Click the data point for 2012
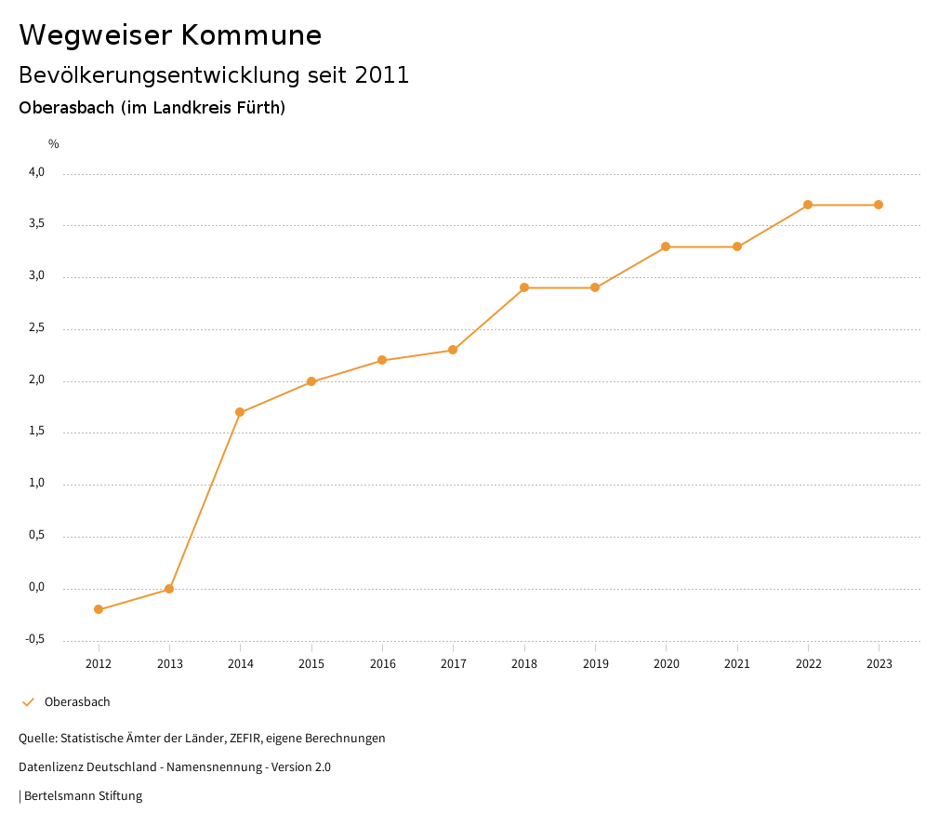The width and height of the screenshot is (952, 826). coord(99,609)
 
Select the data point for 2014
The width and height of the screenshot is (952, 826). coord(240,412)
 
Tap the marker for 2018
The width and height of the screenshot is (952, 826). coord(524,287)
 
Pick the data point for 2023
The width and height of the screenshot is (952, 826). coord(879,205)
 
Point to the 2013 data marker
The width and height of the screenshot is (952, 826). coord(169,589)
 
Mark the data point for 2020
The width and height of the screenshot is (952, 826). coord(666,246)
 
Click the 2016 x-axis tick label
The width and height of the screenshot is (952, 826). coord(382,664)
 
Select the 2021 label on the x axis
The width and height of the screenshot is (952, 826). coord(737,664)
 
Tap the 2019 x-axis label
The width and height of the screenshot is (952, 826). coord(595,664)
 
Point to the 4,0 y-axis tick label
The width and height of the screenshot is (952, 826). coord(36,173)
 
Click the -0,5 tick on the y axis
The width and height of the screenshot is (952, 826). coord(35,640)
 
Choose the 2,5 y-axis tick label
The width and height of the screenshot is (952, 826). coord(36,328)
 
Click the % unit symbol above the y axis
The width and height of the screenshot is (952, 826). coord(54,144)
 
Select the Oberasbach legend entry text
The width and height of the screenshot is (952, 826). coord(77,702)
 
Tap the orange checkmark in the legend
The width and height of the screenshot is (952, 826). coord(28,702)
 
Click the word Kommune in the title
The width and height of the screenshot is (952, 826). coord(251,35)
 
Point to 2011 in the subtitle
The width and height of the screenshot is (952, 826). coord(382,75)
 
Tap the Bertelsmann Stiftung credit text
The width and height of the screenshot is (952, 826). coord(83,796)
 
